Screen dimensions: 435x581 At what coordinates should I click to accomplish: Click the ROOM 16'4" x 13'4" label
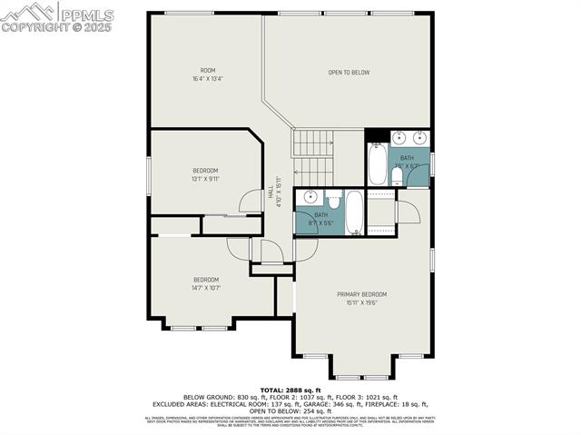coord(208,74)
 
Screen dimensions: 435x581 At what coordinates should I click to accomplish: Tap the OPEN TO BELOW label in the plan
coord(349,72)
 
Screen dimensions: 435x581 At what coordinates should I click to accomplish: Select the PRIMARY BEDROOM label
coord(361,298)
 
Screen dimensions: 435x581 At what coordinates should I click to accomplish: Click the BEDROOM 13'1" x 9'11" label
coord(205,174)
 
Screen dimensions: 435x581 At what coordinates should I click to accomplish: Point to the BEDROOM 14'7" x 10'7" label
coord(205,283)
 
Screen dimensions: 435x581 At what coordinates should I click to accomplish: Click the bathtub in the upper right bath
coord(377,164)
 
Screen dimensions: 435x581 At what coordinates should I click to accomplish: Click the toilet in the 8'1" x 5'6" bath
coord(333,202)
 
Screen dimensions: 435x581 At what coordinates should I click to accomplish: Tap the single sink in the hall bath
coord(310,197)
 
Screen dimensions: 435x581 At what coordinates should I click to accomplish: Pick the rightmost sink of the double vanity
coord(419,139)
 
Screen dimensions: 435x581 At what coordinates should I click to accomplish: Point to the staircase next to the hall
coord(313,154)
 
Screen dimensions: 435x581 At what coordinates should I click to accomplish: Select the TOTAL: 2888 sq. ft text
coord(290,389)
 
